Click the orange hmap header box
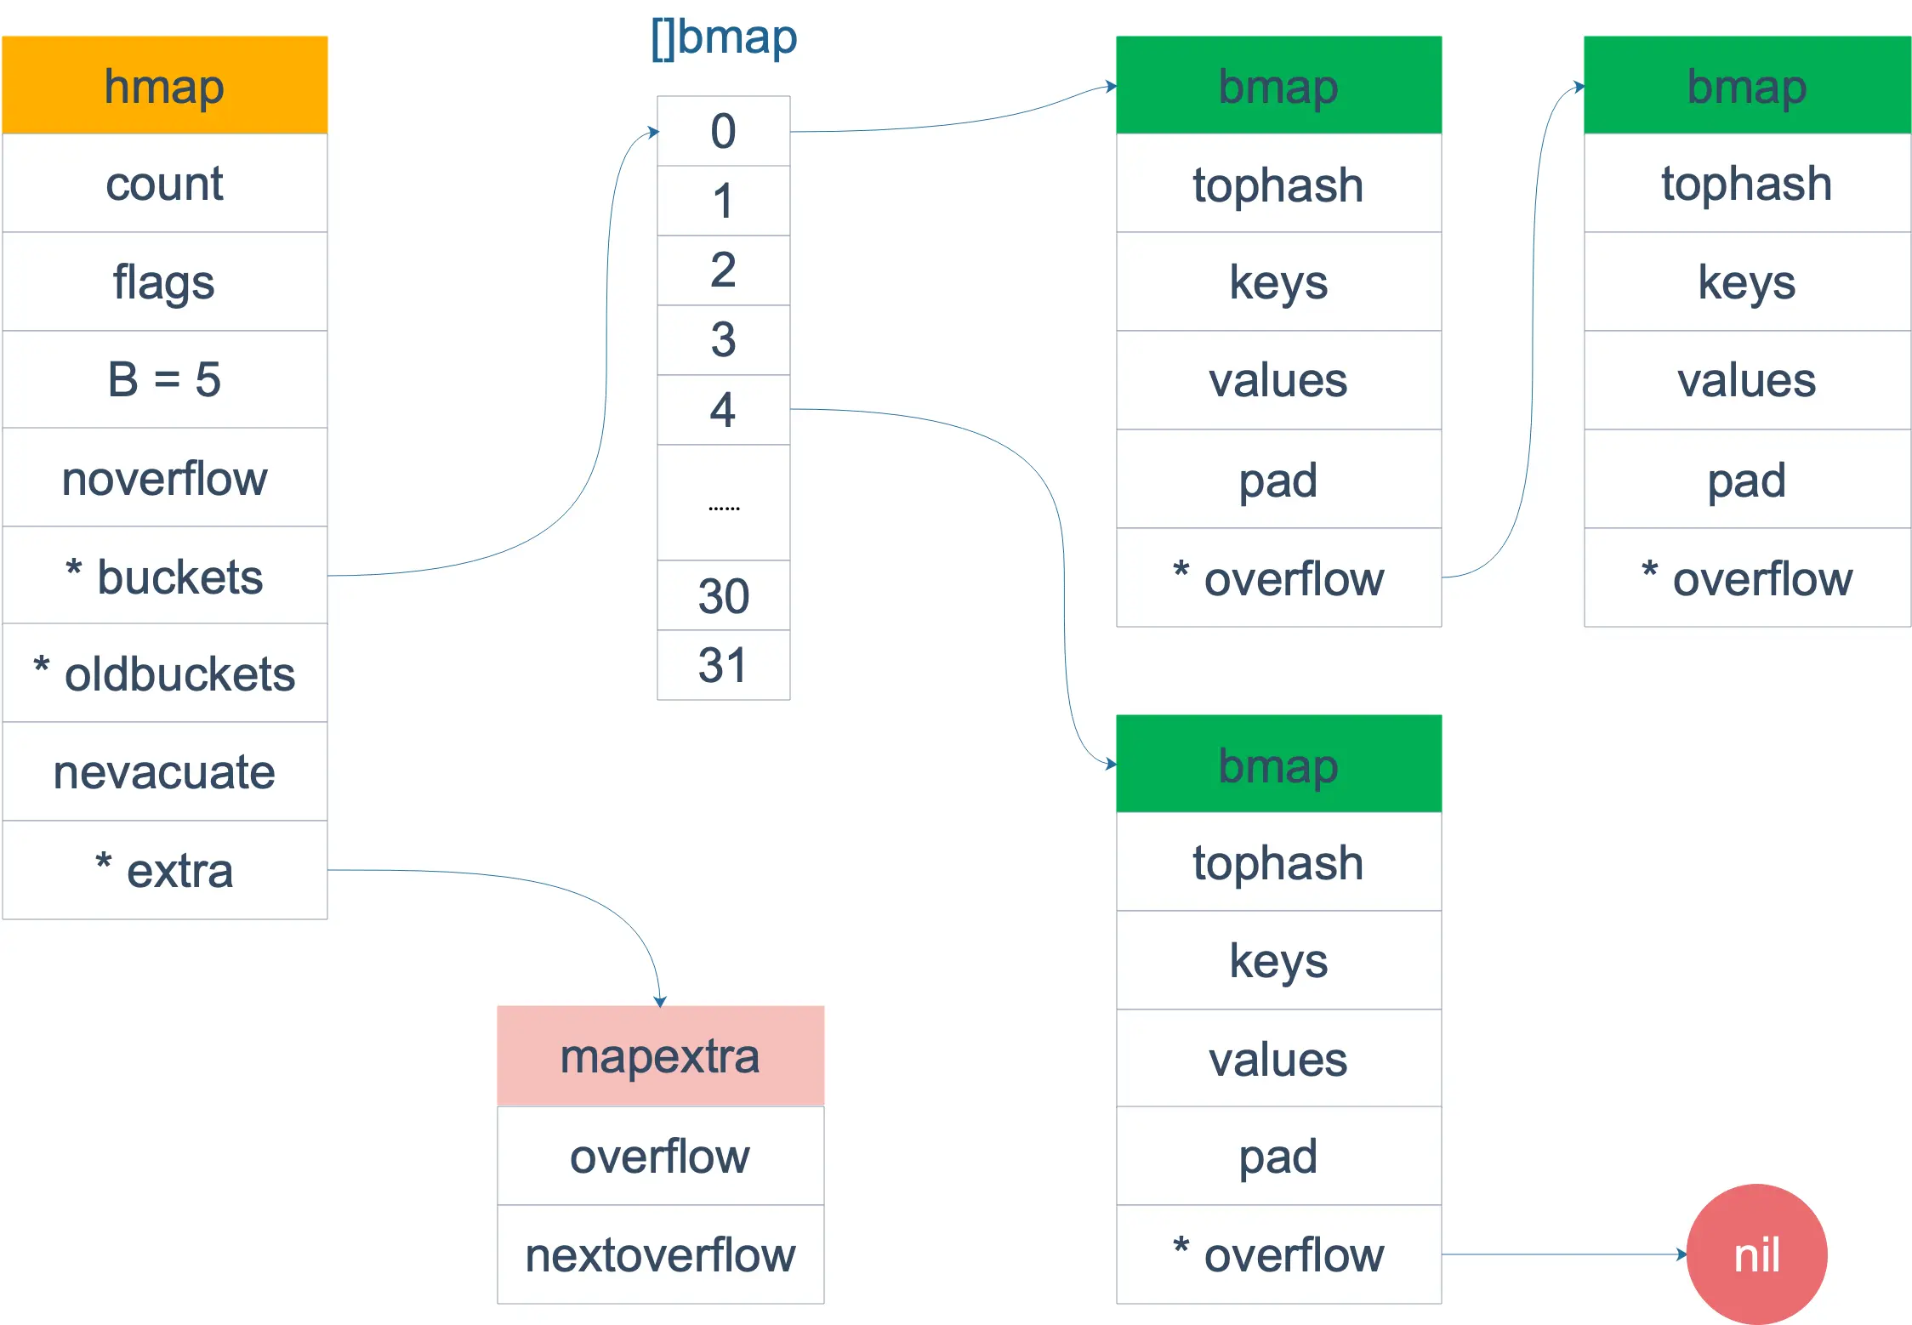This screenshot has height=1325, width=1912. point(164,85)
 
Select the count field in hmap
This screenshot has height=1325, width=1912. point(164,183)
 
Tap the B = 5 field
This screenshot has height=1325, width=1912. point(164,379)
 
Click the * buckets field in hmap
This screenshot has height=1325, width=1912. point(164,577)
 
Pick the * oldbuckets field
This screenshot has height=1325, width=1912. point(164,674)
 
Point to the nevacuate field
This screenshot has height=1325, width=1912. point(164,772)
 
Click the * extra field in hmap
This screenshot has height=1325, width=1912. point(164,870)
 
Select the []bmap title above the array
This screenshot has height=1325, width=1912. point(724,37)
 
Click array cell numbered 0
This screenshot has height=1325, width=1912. point(723,131)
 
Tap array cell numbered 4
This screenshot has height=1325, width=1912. point(723,410)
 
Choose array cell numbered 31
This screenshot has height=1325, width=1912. point(723,665)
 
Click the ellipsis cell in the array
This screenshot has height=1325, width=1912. point(723,503)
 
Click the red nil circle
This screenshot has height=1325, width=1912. point(1756,1254)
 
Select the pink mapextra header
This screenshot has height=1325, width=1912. point(660,1056)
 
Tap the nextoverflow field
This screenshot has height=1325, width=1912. point(660,1254)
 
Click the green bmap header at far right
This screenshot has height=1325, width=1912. point(1747,85)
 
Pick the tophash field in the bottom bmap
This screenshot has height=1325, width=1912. point(1278,862)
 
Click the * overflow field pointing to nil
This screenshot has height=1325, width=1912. point(1278,1254)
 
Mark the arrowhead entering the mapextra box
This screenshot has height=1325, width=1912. point(660,1002)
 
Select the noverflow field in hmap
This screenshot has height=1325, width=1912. point(164,478)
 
